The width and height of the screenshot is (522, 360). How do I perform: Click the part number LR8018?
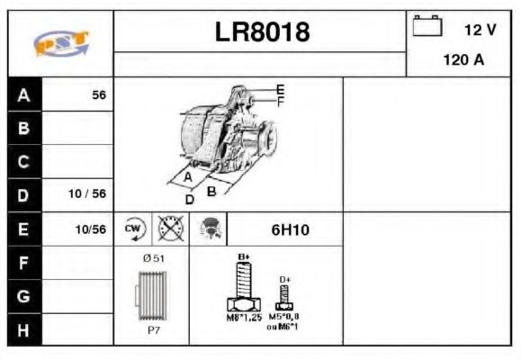click(262, 32)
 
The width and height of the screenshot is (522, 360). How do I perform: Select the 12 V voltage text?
click(479, 30)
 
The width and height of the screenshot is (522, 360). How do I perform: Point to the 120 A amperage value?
click(464, 61)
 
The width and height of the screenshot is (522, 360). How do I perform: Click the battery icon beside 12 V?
click(427, 27)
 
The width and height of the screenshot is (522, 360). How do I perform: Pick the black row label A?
click(24, 94)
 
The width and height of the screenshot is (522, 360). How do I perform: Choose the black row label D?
click(24, 194)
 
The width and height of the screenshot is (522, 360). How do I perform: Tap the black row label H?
click(24, 328)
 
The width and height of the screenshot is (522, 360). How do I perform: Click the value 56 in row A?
click(99, 94)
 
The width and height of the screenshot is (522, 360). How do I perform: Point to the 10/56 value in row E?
click(91, 229)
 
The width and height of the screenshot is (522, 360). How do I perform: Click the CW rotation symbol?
click(134, 229)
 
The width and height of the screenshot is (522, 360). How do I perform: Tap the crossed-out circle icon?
click(169, 229)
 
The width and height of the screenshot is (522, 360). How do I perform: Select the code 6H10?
click(290, 230)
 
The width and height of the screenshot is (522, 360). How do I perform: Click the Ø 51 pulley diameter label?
click(151, 258)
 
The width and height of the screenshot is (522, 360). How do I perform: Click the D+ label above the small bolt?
click(284, 280)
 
